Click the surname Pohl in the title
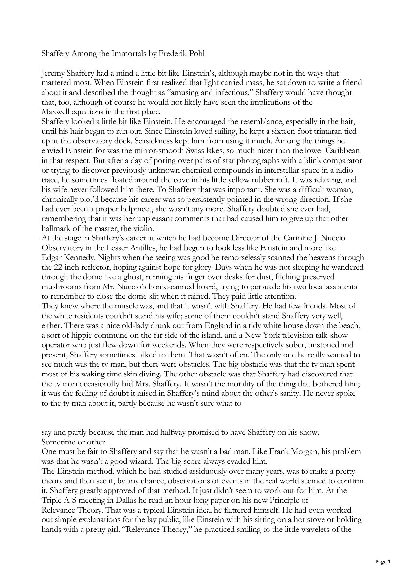pos(196,54)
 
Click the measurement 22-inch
pos(67,267)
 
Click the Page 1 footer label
pos(383,562)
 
